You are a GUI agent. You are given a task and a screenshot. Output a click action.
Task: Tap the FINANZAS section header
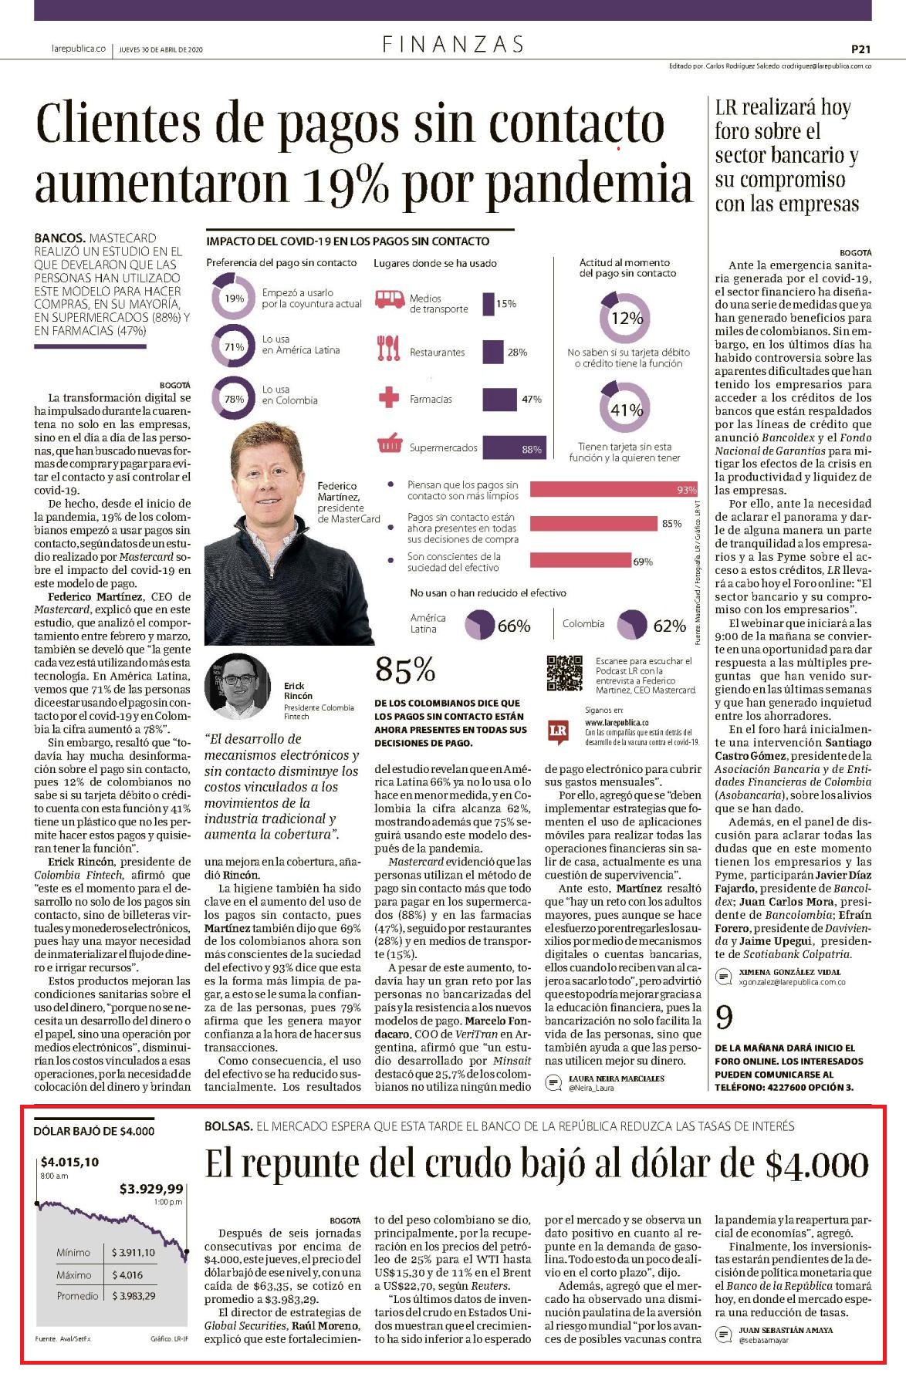pyautogui.click(x=453, y=45)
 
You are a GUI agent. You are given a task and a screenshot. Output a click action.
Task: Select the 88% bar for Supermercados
pyautogui.click(x=514, y=447)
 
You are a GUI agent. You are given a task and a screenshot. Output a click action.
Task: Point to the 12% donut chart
pyautogui.click(x=627, y=316)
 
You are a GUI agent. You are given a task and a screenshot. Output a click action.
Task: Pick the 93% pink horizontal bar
pyautogui.click(x=614, y=490)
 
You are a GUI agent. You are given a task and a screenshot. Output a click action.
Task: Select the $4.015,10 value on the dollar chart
pyautogui.click(x=69, y=1162)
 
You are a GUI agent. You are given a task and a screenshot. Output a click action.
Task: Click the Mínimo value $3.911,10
pyautogui.click(x=133, y=1252)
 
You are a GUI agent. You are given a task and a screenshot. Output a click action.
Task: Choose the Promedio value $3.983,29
pyautogui.click(x=133, y=1295)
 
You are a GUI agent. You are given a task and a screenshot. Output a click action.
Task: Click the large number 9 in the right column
pyautogui.click(x=725, y=1018)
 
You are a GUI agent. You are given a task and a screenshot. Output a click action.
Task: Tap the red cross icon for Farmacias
pyautogui.click(x=387, y=399)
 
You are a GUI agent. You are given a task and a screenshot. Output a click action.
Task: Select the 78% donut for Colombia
pyautogui.click(x=234, y=399)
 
